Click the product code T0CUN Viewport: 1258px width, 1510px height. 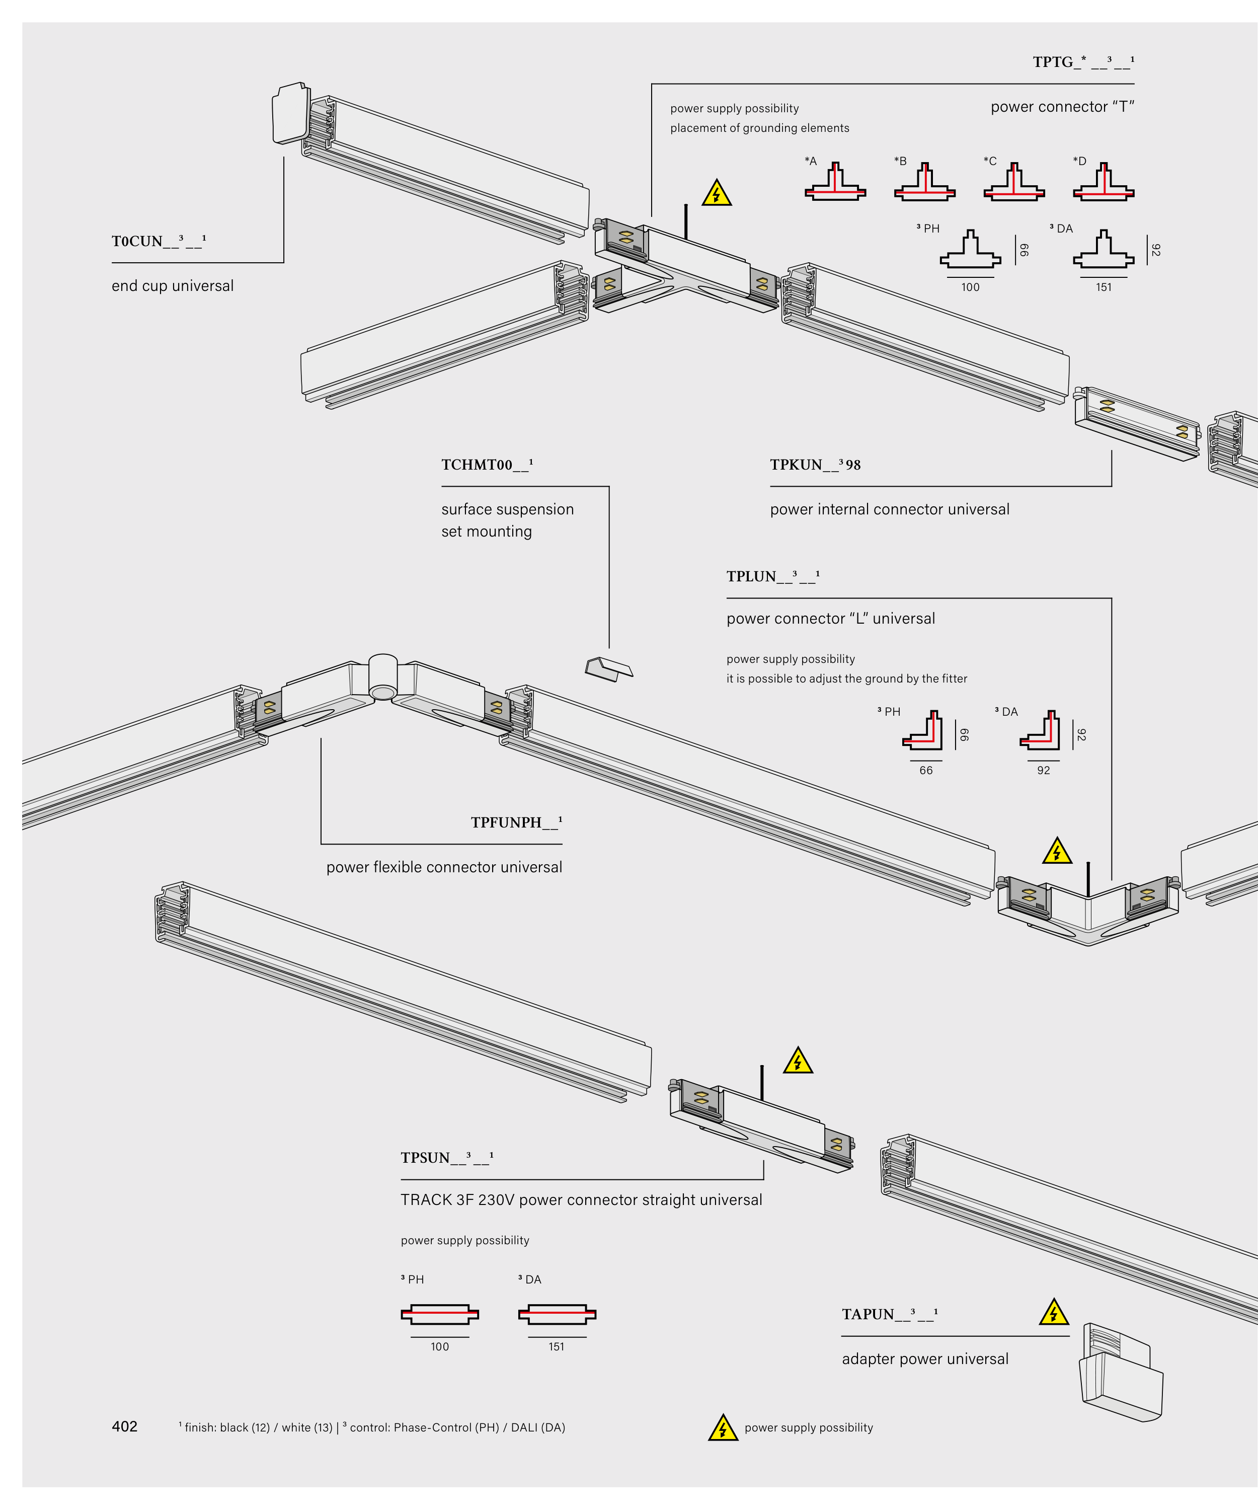[158, 242]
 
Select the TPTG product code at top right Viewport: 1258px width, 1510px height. [1082, 62]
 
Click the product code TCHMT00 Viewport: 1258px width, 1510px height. [487, 465]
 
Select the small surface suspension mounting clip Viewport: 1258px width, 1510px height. [608, 669]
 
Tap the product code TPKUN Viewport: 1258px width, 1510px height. [815, 465]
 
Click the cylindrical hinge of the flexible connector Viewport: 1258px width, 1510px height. [382, 676]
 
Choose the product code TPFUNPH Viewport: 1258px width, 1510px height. [515, 822]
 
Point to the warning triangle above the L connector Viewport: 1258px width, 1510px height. [1056, 852]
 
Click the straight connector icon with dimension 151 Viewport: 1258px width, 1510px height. [557, 1314]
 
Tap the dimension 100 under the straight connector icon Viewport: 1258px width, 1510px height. [439, 1347]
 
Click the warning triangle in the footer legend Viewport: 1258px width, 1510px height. [723, 1428]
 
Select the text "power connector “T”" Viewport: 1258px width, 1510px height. [1061, 107]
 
